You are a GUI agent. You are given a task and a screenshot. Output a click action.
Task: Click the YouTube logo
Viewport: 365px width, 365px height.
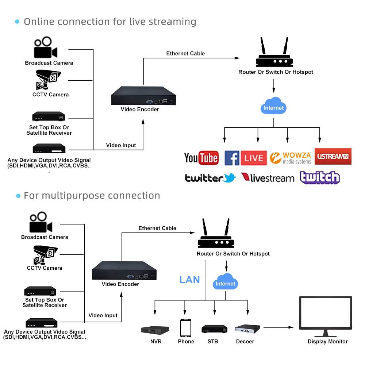click(201, 158)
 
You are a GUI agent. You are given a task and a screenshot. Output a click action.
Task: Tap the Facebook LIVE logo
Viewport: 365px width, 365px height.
click(246, 158)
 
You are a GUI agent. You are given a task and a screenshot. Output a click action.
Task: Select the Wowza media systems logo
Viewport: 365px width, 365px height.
click(291, 158)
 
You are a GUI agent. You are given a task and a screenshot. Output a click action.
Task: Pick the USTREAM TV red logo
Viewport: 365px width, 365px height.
click(333, 156)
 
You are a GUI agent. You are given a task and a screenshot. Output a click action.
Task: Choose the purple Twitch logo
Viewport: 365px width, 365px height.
click(320, 178)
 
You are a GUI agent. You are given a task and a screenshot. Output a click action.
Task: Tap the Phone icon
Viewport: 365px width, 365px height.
click(185, 328)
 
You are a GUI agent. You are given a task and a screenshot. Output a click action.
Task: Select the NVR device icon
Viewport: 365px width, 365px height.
click(155, 330)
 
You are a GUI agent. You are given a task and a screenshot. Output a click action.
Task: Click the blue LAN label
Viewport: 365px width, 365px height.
click(189, 280)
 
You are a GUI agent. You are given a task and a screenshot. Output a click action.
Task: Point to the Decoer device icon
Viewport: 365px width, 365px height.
click(248, 328)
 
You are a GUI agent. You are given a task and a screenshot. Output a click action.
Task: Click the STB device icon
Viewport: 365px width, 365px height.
click(215, 328)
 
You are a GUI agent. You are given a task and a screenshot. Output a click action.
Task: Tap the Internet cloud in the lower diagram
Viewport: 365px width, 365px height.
click(225, 282)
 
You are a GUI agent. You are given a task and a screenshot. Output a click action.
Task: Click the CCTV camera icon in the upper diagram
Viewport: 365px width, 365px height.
click(48, 80)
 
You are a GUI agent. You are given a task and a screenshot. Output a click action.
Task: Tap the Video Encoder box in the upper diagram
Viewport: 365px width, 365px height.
click(143, 96)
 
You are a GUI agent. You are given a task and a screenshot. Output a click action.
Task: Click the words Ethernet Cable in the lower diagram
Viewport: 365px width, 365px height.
click(157, 228)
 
